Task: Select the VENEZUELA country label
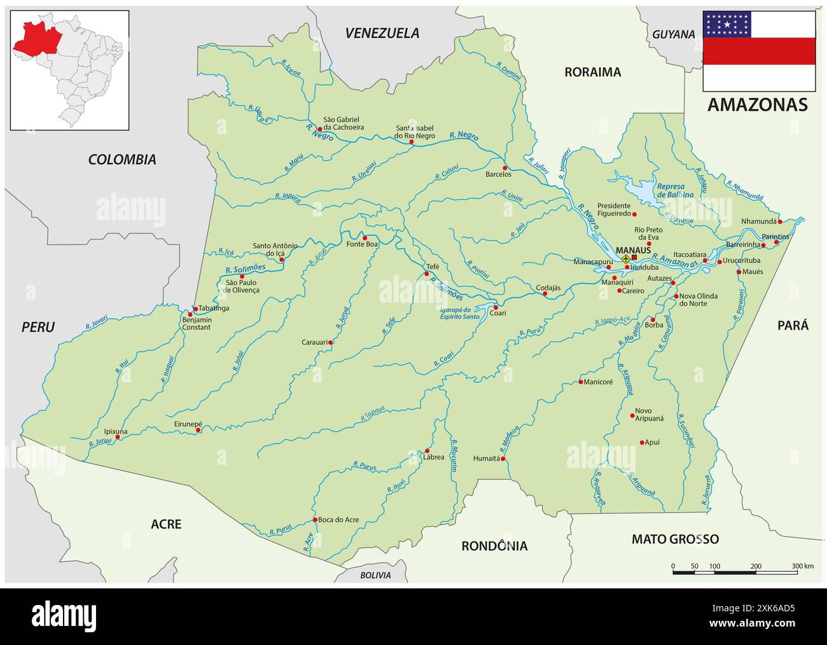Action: tap(382, 33)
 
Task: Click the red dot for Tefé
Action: tap(427, 274)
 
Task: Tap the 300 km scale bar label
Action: tap(803, 565)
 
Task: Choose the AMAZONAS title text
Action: tap(758, 104)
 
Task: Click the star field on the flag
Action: tap(727, 24)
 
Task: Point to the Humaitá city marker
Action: tap(503, 458)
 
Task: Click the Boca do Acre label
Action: tap(338, 520)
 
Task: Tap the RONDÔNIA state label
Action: tap(494, 546)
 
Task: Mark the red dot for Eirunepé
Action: tap(198, 430)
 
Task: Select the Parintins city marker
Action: tap(776, 242)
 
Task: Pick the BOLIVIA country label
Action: tap(375, 575)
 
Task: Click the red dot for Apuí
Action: tap(641, 442)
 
